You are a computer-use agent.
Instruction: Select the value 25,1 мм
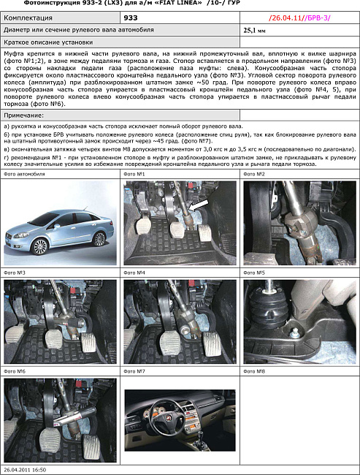pos(256,31)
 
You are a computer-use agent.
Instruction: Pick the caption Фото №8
pos(256,371)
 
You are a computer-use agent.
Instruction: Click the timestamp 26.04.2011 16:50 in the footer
pos(25,471)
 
